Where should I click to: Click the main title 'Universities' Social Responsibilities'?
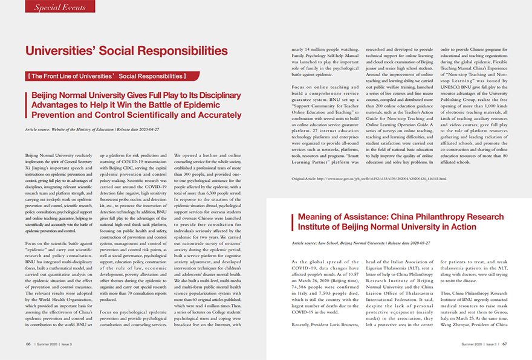(126, 51)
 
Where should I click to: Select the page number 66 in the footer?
(28, 343)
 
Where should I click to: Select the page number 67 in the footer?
(504, 344)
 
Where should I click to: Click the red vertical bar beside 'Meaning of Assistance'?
(292, 220)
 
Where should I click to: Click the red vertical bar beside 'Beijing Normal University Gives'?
(27, 105)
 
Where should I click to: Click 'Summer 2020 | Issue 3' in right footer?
(478, 344)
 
